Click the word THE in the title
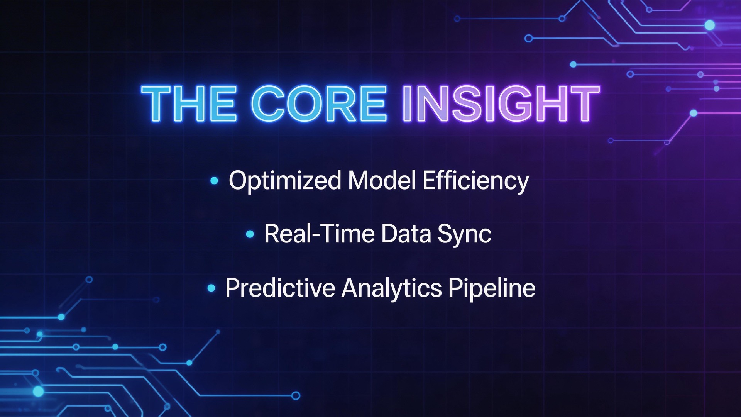189,103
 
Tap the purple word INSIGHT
501,103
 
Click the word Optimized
285,181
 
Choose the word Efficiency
475,181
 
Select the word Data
406,234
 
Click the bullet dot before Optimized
214,180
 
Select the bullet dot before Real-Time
250,234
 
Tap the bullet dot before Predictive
211,288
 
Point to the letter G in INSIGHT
513,103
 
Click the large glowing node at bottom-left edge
38,392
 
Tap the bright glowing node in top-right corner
709,25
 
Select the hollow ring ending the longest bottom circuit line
296,395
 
